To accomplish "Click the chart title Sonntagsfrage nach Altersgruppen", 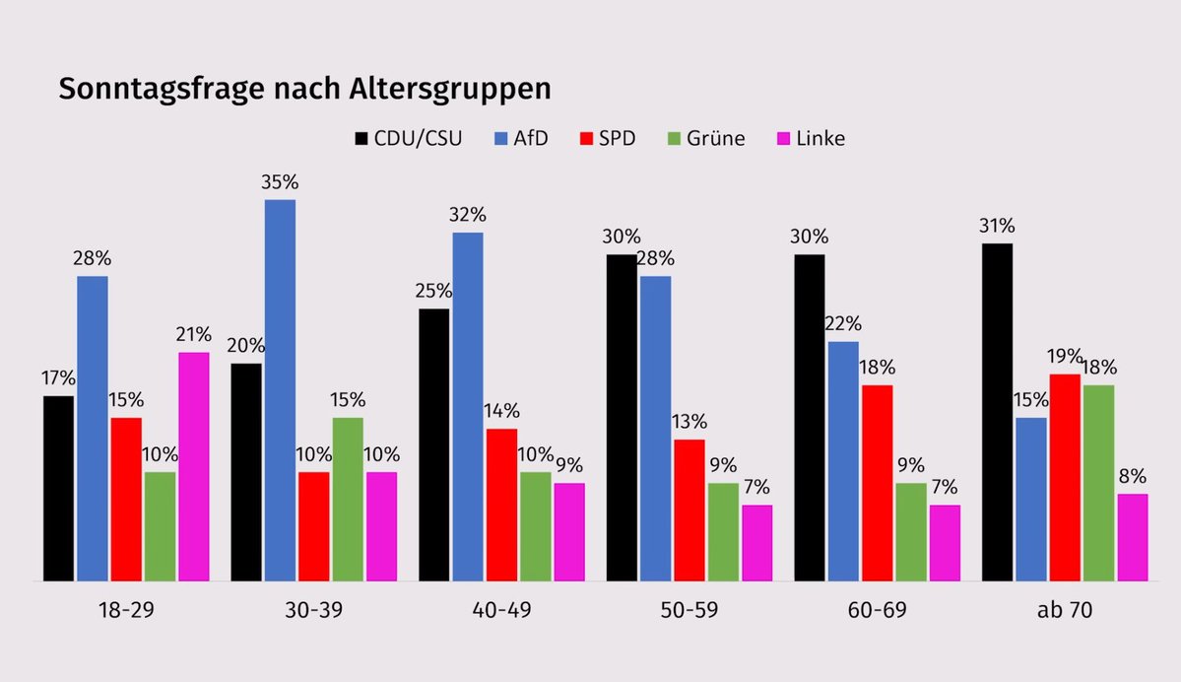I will (304, 89).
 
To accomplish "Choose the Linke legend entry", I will (811, 138).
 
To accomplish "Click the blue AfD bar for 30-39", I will (280, 390).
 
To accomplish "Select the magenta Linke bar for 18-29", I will (194, 466).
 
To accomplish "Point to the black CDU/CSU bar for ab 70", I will (997, 412).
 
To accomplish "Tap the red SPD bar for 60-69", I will (877, 483).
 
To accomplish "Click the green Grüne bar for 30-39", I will (348, 499).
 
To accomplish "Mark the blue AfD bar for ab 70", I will (1030, 499).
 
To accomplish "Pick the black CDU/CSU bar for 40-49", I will (433, 444).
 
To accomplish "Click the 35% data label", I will (280, 182).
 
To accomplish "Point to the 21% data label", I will (194, 335).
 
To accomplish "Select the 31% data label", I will (997, 226).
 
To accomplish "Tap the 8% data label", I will (1132, 477).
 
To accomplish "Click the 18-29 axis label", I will (126, 611).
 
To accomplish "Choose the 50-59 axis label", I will (689, 611).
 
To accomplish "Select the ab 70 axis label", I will (1064, 611).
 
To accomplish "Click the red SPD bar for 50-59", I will (689, 510).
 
